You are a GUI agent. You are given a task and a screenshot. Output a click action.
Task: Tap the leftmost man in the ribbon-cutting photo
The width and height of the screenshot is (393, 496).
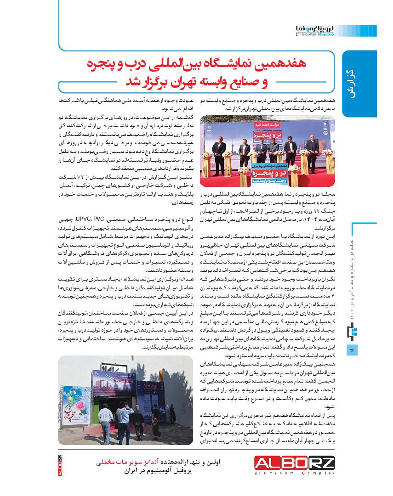(219, 152)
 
